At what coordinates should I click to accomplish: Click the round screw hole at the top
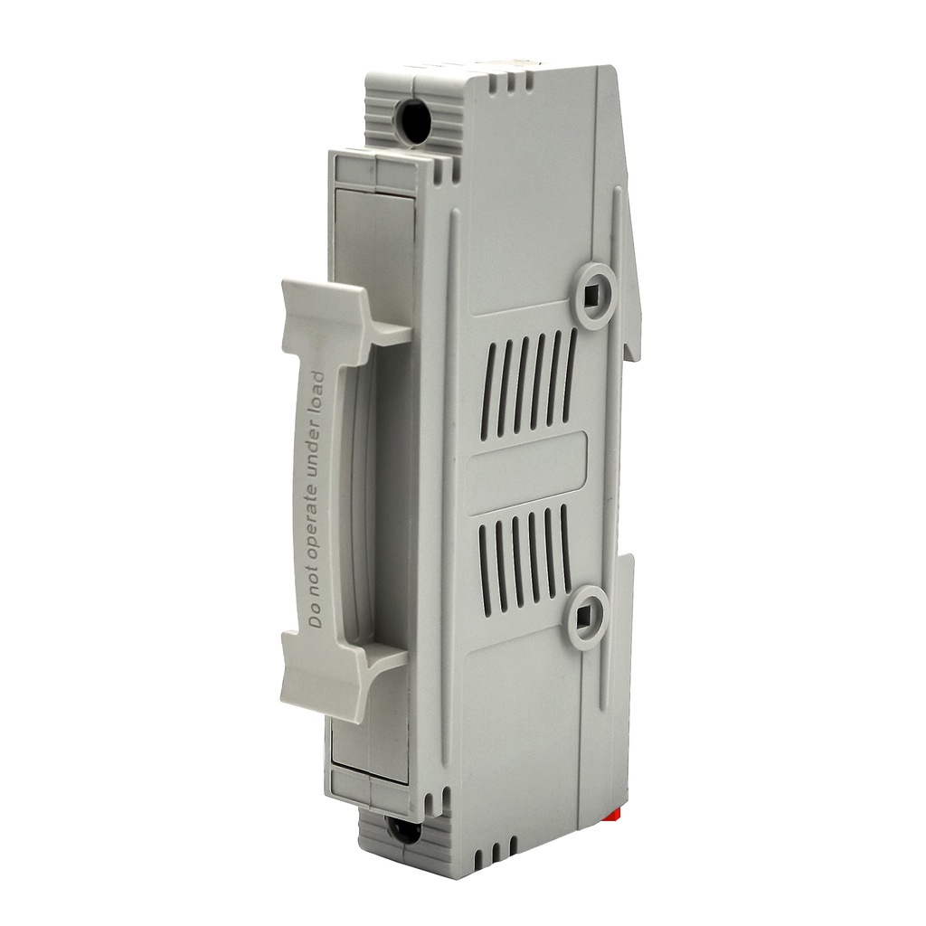[x=412, y=122]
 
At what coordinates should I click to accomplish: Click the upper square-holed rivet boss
[x=594, y=296]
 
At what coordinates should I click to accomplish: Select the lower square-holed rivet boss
[x=585, y=618]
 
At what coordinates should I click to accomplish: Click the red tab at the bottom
[x=618, y=817]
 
